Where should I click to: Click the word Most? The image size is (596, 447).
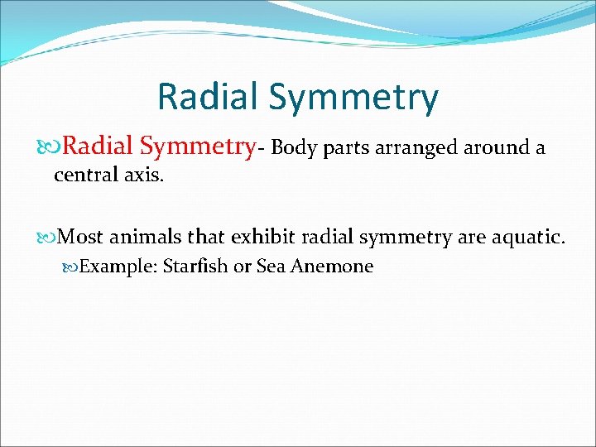pos(81,238)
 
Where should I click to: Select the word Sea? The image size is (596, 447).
pos(271,267)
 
